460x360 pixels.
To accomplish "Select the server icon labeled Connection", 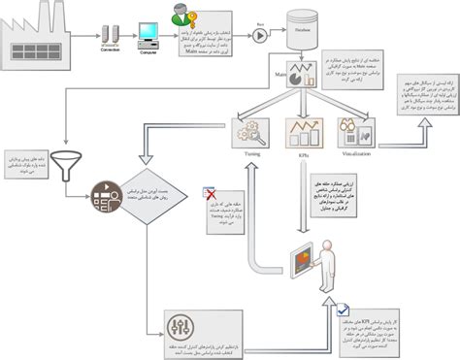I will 110,37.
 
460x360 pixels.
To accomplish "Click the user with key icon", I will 181,17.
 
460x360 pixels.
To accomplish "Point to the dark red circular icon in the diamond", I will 105,194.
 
